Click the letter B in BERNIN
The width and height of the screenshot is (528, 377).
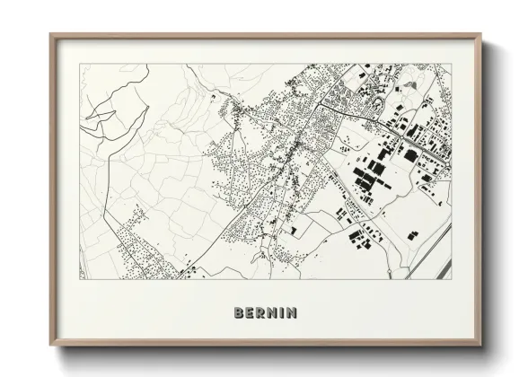tap(237, 313)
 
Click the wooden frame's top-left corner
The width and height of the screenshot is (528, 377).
tap(51, 35)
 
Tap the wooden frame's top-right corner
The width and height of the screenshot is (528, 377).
tap(481, 35)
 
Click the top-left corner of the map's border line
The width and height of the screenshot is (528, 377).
tap(79, 65)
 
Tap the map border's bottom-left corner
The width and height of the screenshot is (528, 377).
tap(79, 278)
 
